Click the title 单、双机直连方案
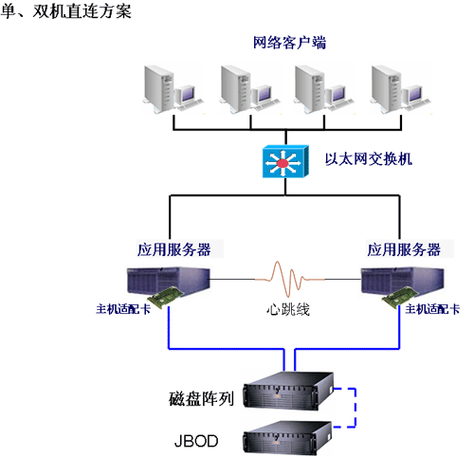[x=65, y=11]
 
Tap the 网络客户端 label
[x=289, y=43]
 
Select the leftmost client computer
[x=173, y=89]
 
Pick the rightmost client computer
[x=401, y=89]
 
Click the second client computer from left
[x=250, y=89]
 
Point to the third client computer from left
[x=324, y=89]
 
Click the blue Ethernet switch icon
[x=285, y=161]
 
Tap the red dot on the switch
[x=283, y=163]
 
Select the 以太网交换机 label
[x=369, y=159]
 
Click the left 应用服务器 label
[x=173, y=249]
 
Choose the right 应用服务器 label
[x=404, y=249]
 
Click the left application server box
[x=169, y=282]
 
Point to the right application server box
[x=403, y=282]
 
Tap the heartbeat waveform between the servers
[x=288, y=279]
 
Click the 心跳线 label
[x=288, y=309]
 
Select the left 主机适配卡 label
[x=123, y=309]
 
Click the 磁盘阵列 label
[x=201, y=398]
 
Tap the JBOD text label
[x=196, y=441]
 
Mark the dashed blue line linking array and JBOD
[x=355, y=408]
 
